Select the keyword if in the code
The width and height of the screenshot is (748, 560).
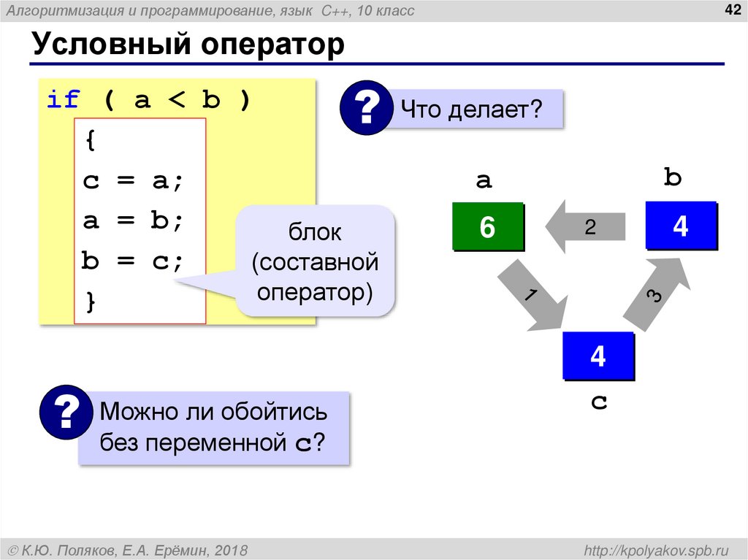point(63,100)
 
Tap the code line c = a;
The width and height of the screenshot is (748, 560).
point(134,181)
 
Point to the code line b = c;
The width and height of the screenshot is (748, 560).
point(134,261)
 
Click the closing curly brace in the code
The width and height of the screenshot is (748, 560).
point(91,301)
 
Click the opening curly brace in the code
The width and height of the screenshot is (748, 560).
point(91,141)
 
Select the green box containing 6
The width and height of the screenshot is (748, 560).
point(487,227)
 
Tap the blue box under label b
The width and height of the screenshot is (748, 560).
point(680,226)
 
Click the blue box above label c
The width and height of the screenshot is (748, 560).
point(598,356)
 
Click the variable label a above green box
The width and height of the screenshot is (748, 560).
point(484,180)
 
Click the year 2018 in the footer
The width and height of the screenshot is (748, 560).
point(232,549)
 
